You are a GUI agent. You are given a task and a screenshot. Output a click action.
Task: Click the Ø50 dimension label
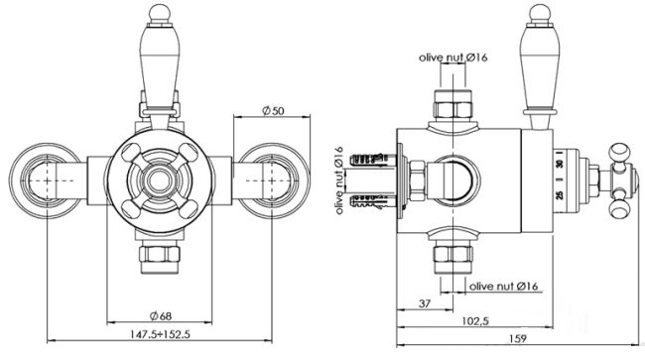(273, 110)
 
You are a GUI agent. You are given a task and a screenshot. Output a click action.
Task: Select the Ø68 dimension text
(161, 315)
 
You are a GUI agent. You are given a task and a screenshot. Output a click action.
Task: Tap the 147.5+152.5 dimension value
(161, 334)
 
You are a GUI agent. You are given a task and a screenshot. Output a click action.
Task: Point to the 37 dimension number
(425, 303)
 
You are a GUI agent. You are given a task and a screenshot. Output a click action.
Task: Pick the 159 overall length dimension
(517, 338)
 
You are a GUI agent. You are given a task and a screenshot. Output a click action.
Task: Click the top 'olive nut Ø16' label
(452, 58)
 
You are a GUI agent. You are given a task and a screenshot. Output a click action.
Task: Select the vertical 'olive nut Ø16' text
(339, 180)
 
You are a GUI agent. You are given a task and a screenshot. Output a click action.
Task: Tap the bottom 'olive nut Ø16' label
(503, 286)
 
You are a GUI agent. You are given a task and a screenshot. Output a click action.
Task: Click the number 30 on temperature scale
(560, 165)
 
